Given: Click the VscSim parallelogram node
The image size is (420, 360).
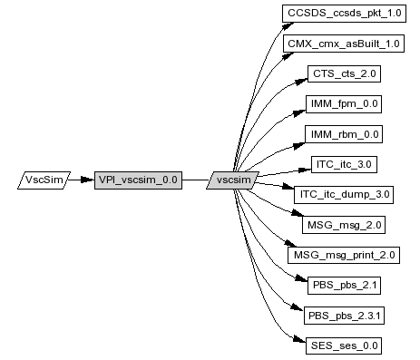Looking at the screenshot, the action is (44, 180).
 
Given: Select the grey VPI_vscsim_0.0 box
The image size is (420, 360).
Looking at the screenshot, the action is (138, 180).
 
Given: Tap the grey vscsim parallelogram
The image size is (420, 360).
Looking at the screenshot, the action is (233, 180).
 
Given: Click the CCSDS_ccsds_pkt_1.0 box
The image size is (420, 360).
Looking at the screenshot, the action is (344, 14).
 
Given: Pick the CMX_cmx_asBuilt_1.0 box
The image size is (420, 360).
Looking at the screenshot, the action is (344, 44).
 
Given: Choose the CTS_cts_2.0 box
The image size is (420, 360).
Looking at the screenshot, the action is (344, 73).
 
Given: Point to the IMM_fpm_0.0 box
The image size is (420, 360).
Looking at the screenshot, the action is (344, 104).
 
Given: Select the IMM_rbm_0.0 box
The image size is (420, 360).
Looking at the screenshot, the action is (344, 134).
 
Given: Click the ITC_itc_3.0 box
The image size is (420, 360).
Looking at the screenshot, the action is (344, 164).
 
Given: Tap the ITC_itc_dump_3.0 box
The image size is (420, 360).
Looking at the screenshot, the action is (344, 195).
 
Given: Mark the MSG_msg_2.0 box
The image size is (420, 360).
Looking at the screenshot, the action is (344, 225).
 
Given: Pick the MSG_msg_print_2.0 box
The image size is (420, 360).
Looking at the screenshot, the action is (344, 255).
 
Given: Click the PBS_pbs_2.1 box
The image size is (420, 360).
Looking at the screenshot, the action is (344, 286).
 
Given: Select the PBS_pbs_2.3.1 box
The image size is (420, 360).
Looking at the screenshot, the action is (344, 316).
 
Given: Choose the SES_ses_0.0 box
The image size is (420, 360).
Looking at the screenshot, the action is (344, 345).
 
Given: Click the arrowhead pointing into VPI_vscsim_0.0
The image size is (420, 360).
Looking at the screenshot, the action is (88, 180).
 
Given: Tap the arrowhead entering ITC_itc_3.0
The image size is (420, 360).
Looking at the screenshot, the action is (305, 170).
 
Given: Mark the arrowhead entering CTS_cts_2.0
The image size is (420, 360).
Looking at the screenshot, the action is (301, 82).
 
